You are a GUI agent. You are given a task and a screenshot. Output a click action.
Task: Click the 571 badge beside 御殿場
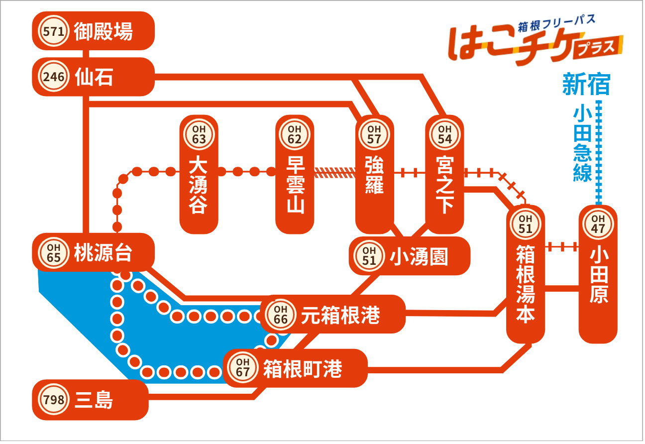tap(54, 31)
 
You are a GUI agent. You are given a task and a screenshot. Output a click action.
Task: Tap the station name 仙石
tap(94, 77)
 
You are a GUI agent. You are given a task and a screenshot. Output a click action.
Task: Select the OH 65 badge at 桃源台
tap(54, 253)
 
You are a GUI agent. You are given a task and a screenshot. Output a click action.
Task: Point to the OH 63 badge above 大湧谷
tap(199, 134)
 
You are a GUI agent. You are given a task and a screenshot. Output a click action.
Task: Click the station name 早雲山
tap(296, 185)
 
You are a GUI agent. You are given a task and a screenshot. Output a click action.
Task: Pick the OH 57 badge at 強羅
tap(374, 134)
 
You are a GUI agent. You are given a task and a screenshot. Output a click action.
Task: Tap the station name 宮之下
tap(445, 185)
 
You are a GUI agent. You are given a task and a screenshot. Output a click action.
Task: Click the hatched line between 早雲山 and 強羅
tap(335, 173)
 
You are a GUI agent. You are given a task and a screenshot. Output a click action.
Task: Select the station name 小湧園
tap(419, 256)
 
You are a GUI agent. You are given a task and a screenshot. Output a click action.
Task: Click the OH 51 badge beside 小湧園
tap(369, 256)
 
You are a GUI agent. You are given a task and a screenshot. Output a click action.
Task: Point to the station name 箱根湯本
tap(526, 284)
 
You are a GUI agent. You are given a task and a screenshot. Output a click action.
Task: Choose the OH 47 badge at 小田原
tap(598, 224)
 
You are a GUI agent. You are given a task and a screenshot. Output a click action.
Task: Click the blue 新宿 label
tap(587, 84)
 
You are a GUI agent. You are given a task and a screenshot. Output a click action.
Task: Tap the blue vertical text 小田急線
tap(583, 145)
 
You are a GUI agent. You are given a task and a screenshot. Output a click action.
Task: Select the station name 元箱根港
tap(341, 315)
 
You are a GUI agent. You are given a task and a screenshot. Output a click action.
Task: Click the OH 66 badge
tap(281, 315)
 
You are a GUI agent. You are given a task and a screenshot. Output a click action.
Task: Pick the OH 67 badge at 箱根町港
tap(243, 367)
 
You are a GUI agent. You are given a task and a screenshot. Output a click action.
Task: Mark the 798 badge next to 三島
tap(54, 400)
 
